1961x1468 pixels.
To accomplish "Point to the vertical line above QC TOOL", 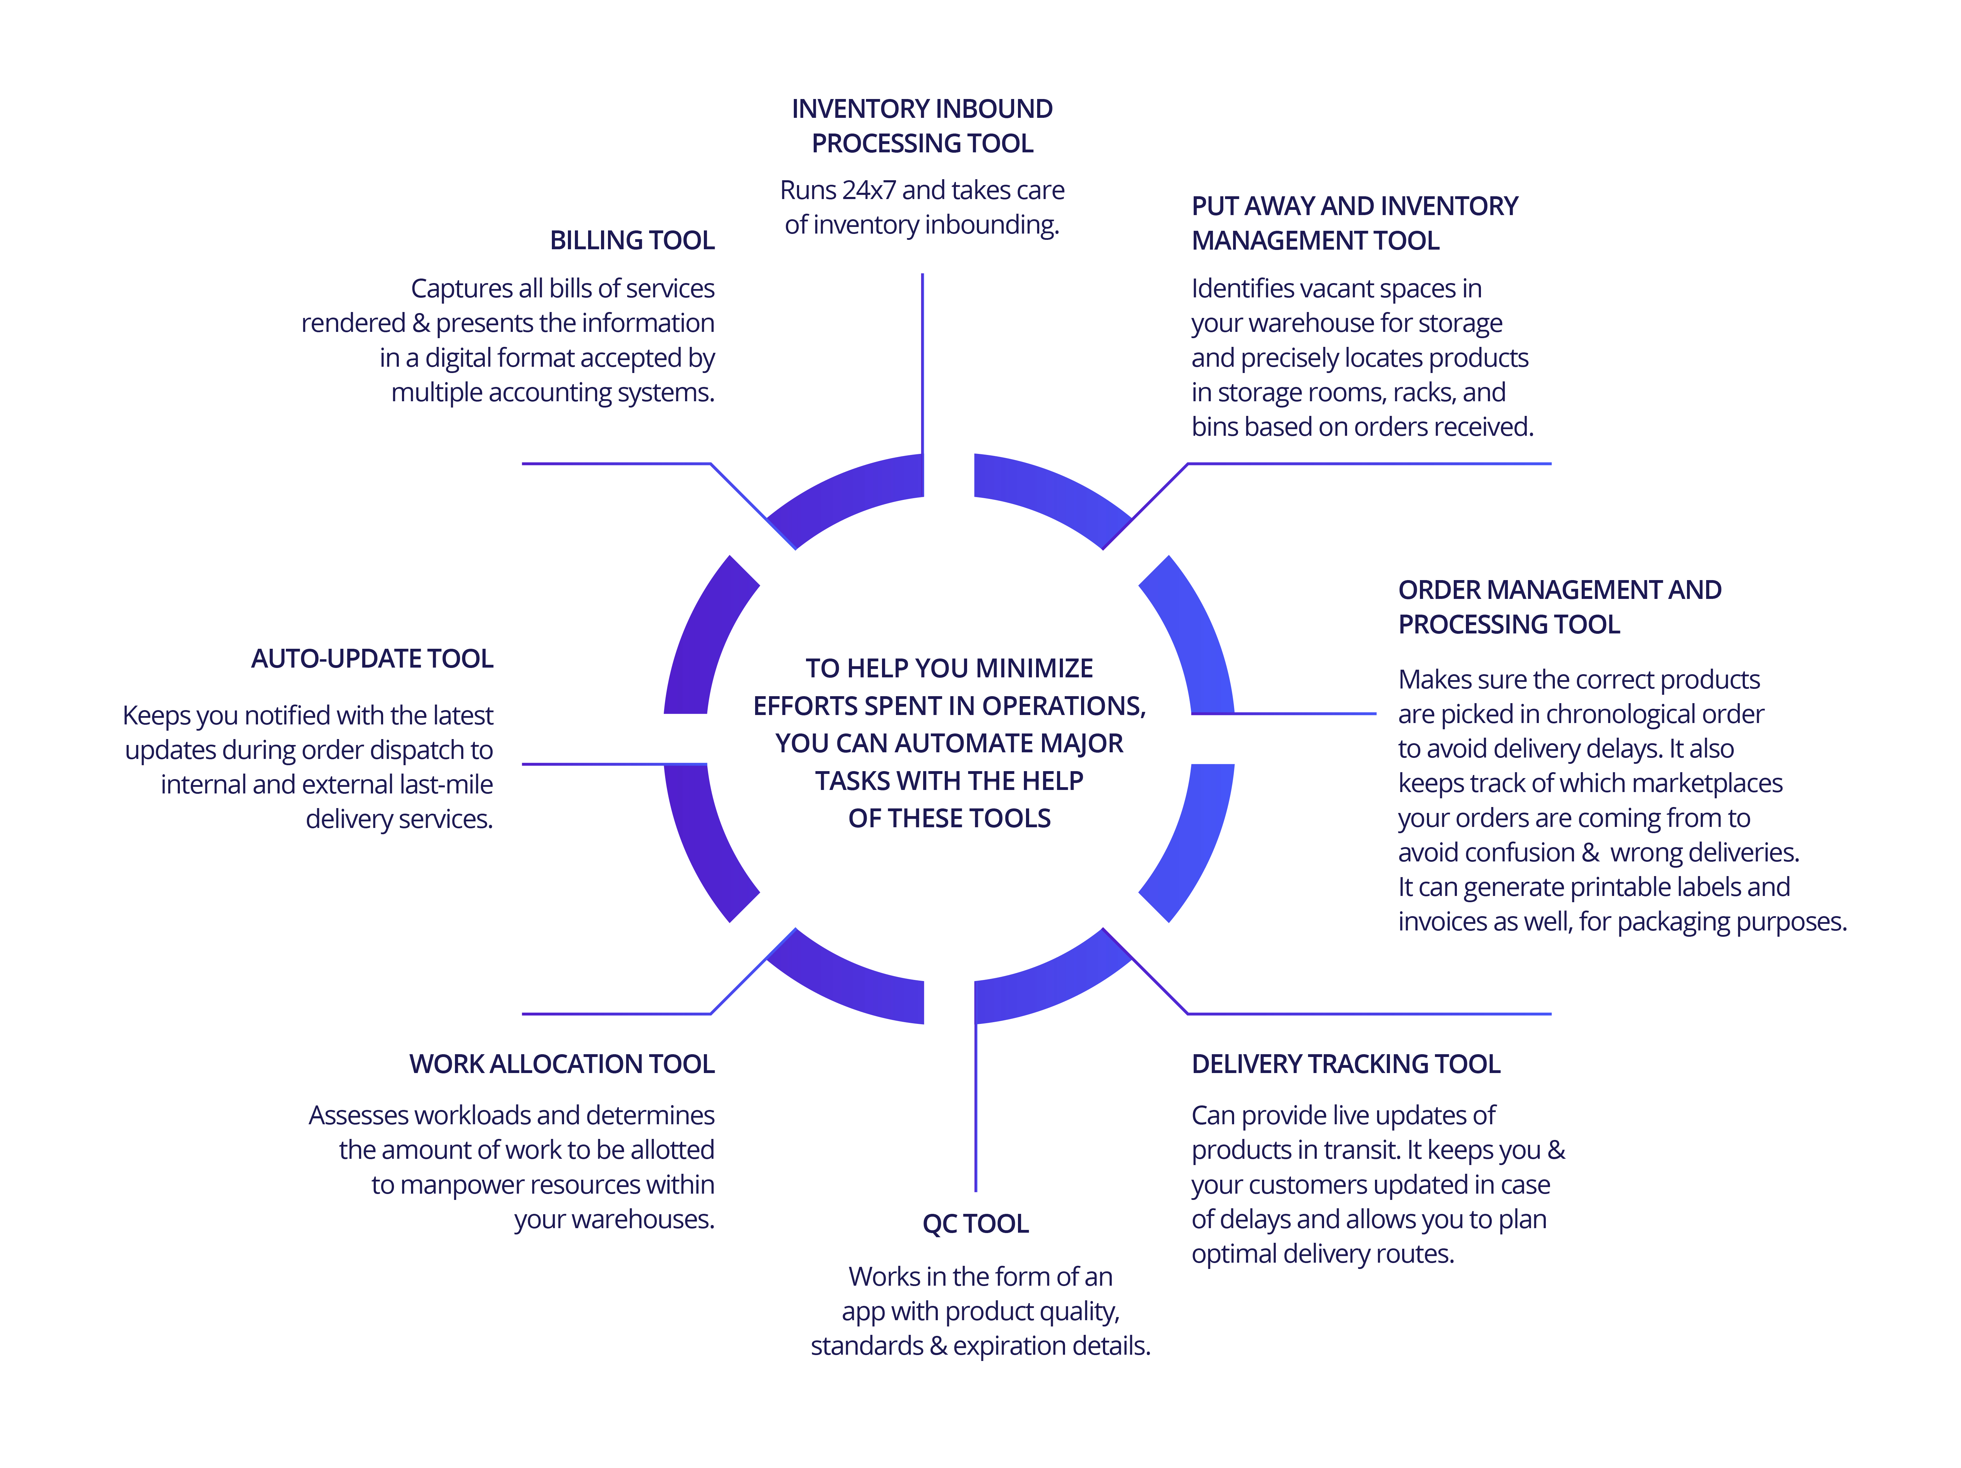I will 975,1108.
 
